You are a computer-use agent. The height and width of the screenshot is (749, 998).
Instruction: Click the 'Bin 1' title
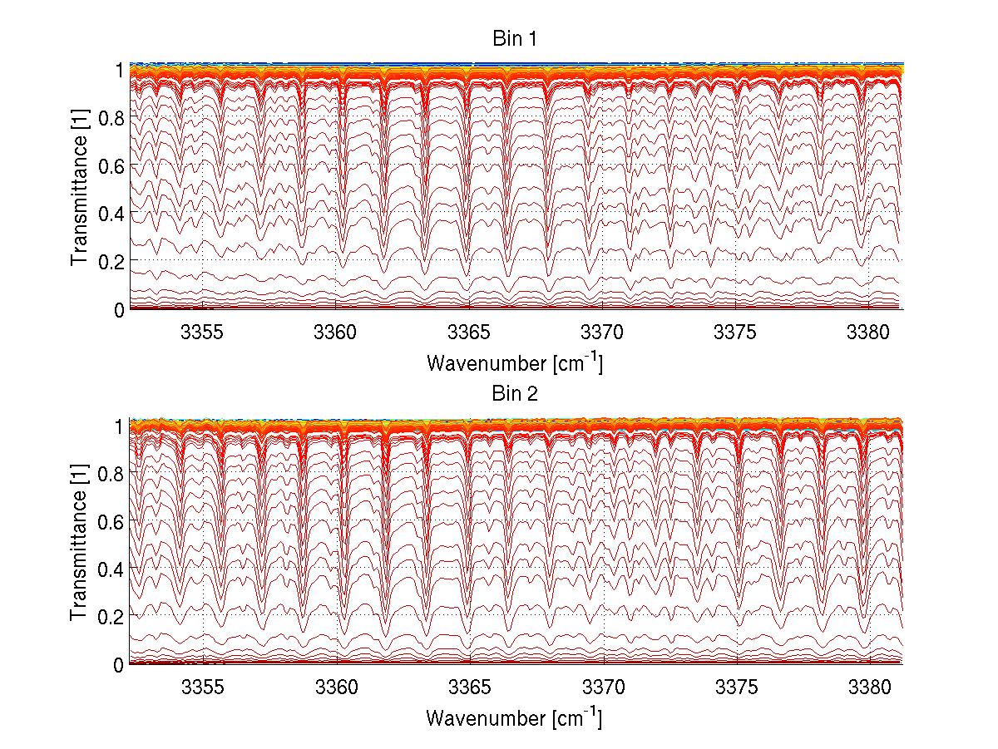(516, 38)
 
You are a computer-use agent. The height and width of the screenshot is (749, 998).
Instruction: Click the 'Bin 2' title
(516, 394)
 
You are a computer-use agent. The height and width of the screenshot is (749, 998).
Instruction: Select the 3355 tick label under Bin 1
(203, 332)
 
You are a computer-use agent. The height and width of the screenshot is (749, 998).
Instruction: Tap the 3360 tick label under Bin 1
(336, 332)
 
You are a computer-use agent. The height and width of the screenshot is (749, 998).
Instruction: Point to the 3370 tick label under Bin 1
(603, 332)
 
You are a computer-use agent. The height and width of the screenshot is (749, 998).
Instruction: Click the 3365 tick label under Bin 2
(470, 687)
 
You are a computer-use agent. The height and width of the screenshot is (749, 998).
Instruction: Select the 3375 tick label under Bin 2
(736, 687)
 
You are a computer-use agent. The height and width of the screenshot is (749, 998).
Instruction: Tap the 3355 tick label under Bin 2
(203, 687)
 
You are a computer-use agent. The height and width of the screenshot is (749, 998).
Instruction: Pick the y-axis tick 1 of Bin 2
(119, 426)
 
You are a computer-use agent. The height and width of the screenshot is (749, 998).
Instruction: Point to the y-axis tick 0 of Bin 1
(119, 309)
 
